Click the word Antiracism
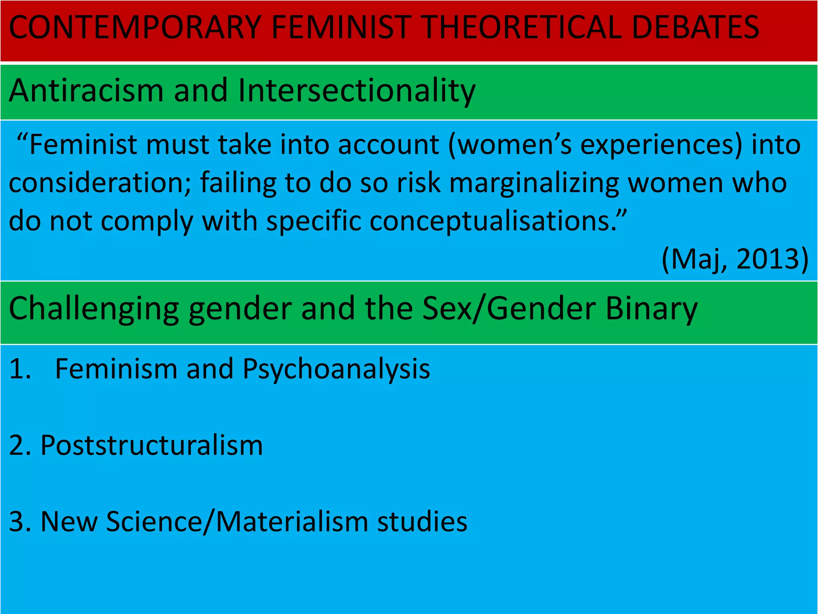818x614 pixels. point(86,91)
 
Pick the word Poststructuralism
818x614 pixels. point(152,445)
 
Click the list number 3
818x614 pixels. point(18,522)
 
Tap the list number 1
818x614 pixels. point(19,369)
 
